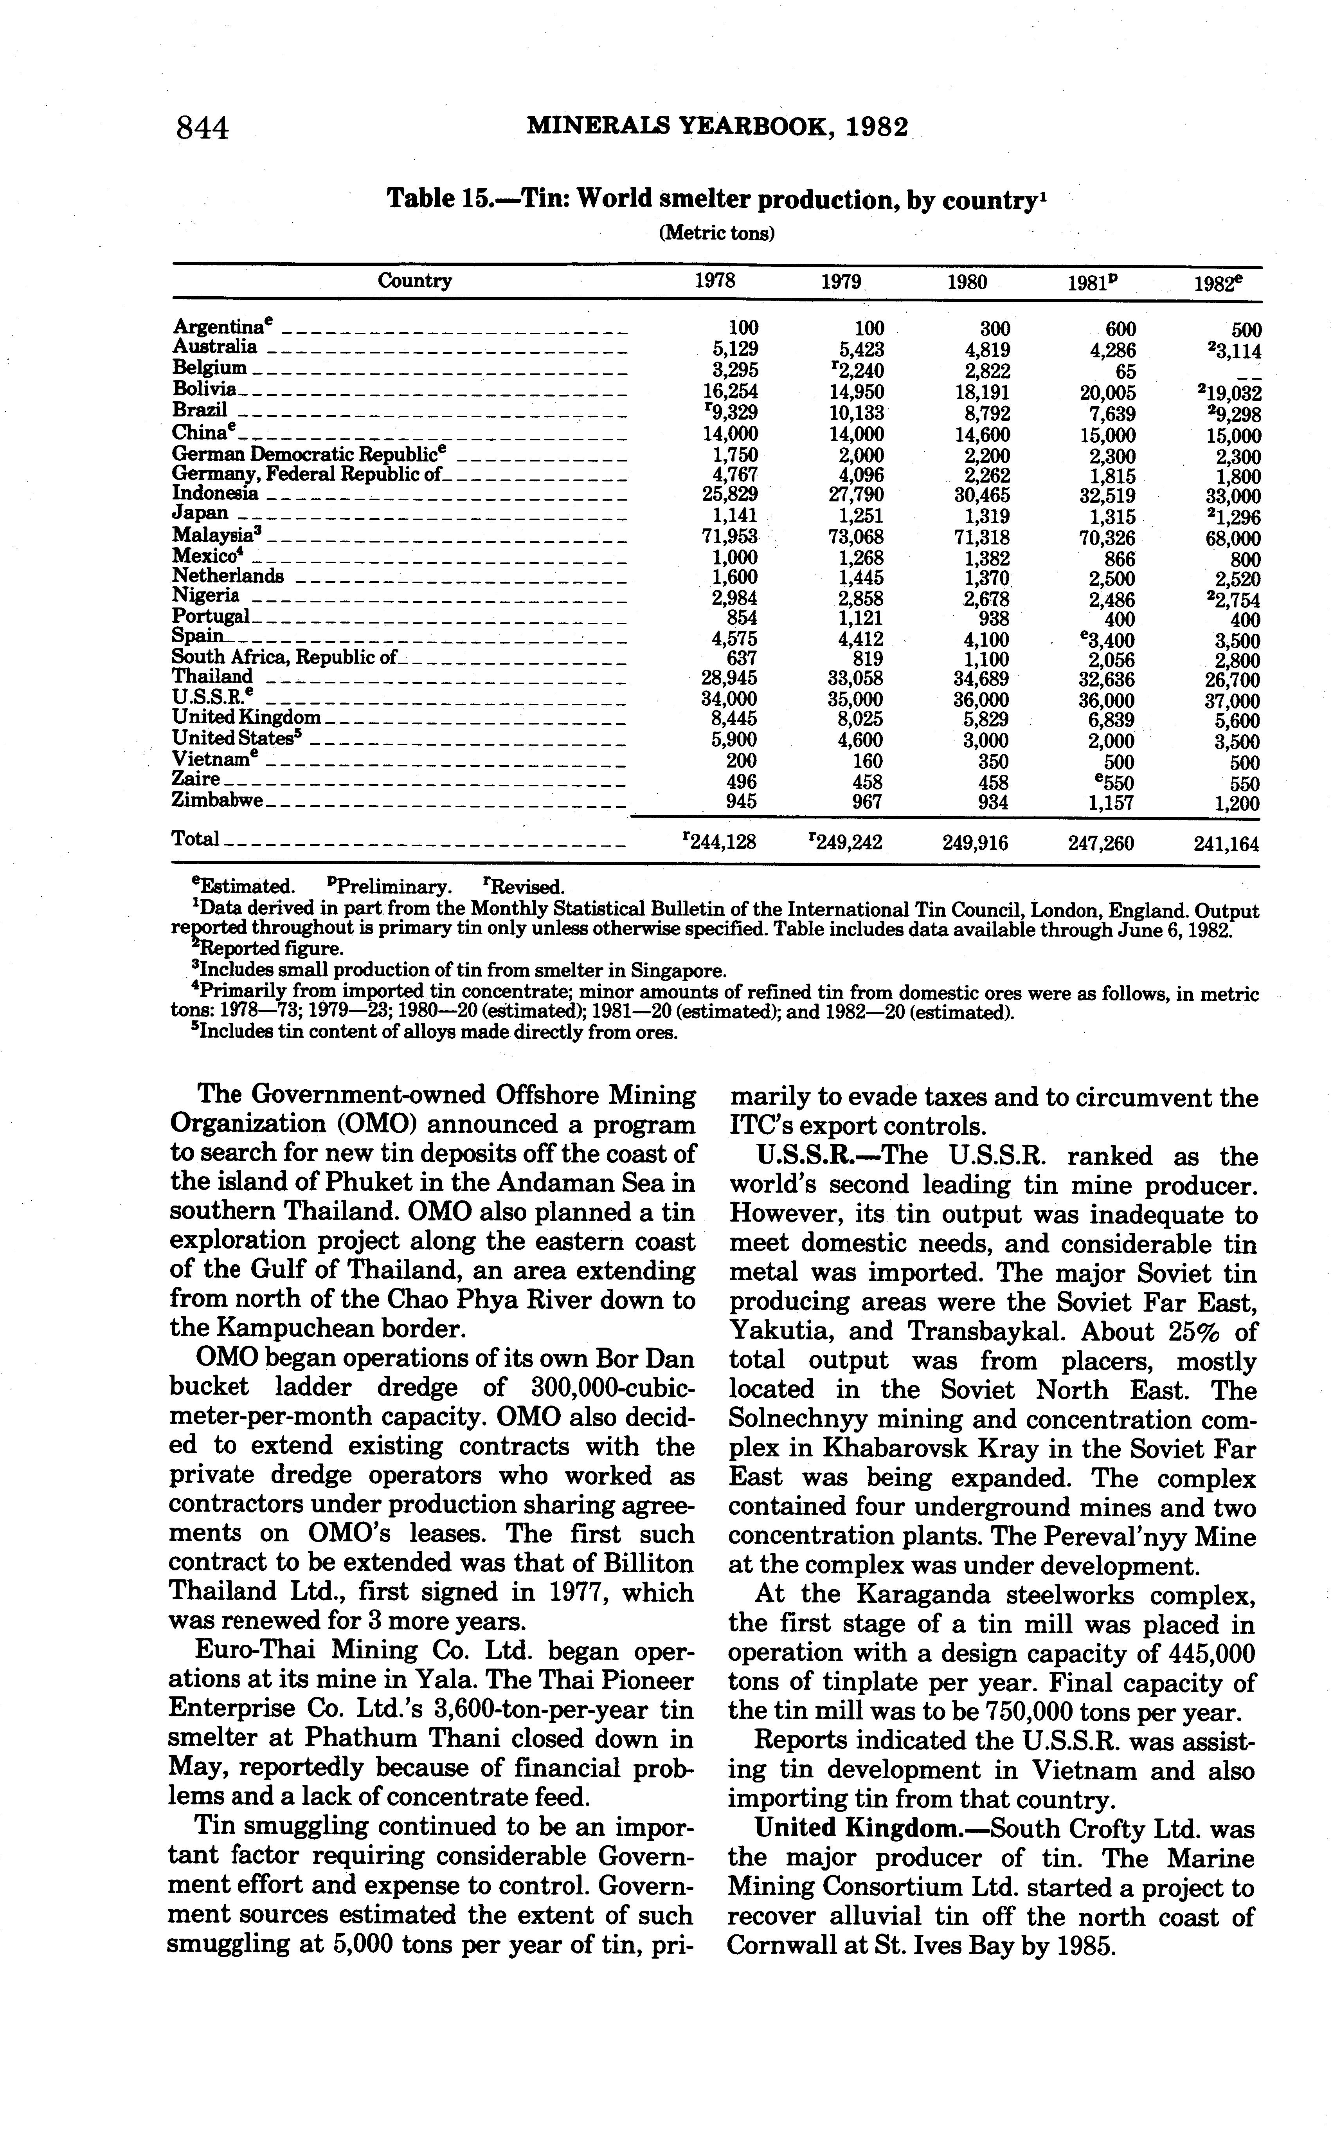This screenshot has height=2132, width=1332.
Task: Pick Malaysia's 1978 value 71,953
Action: click(735, 537)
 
